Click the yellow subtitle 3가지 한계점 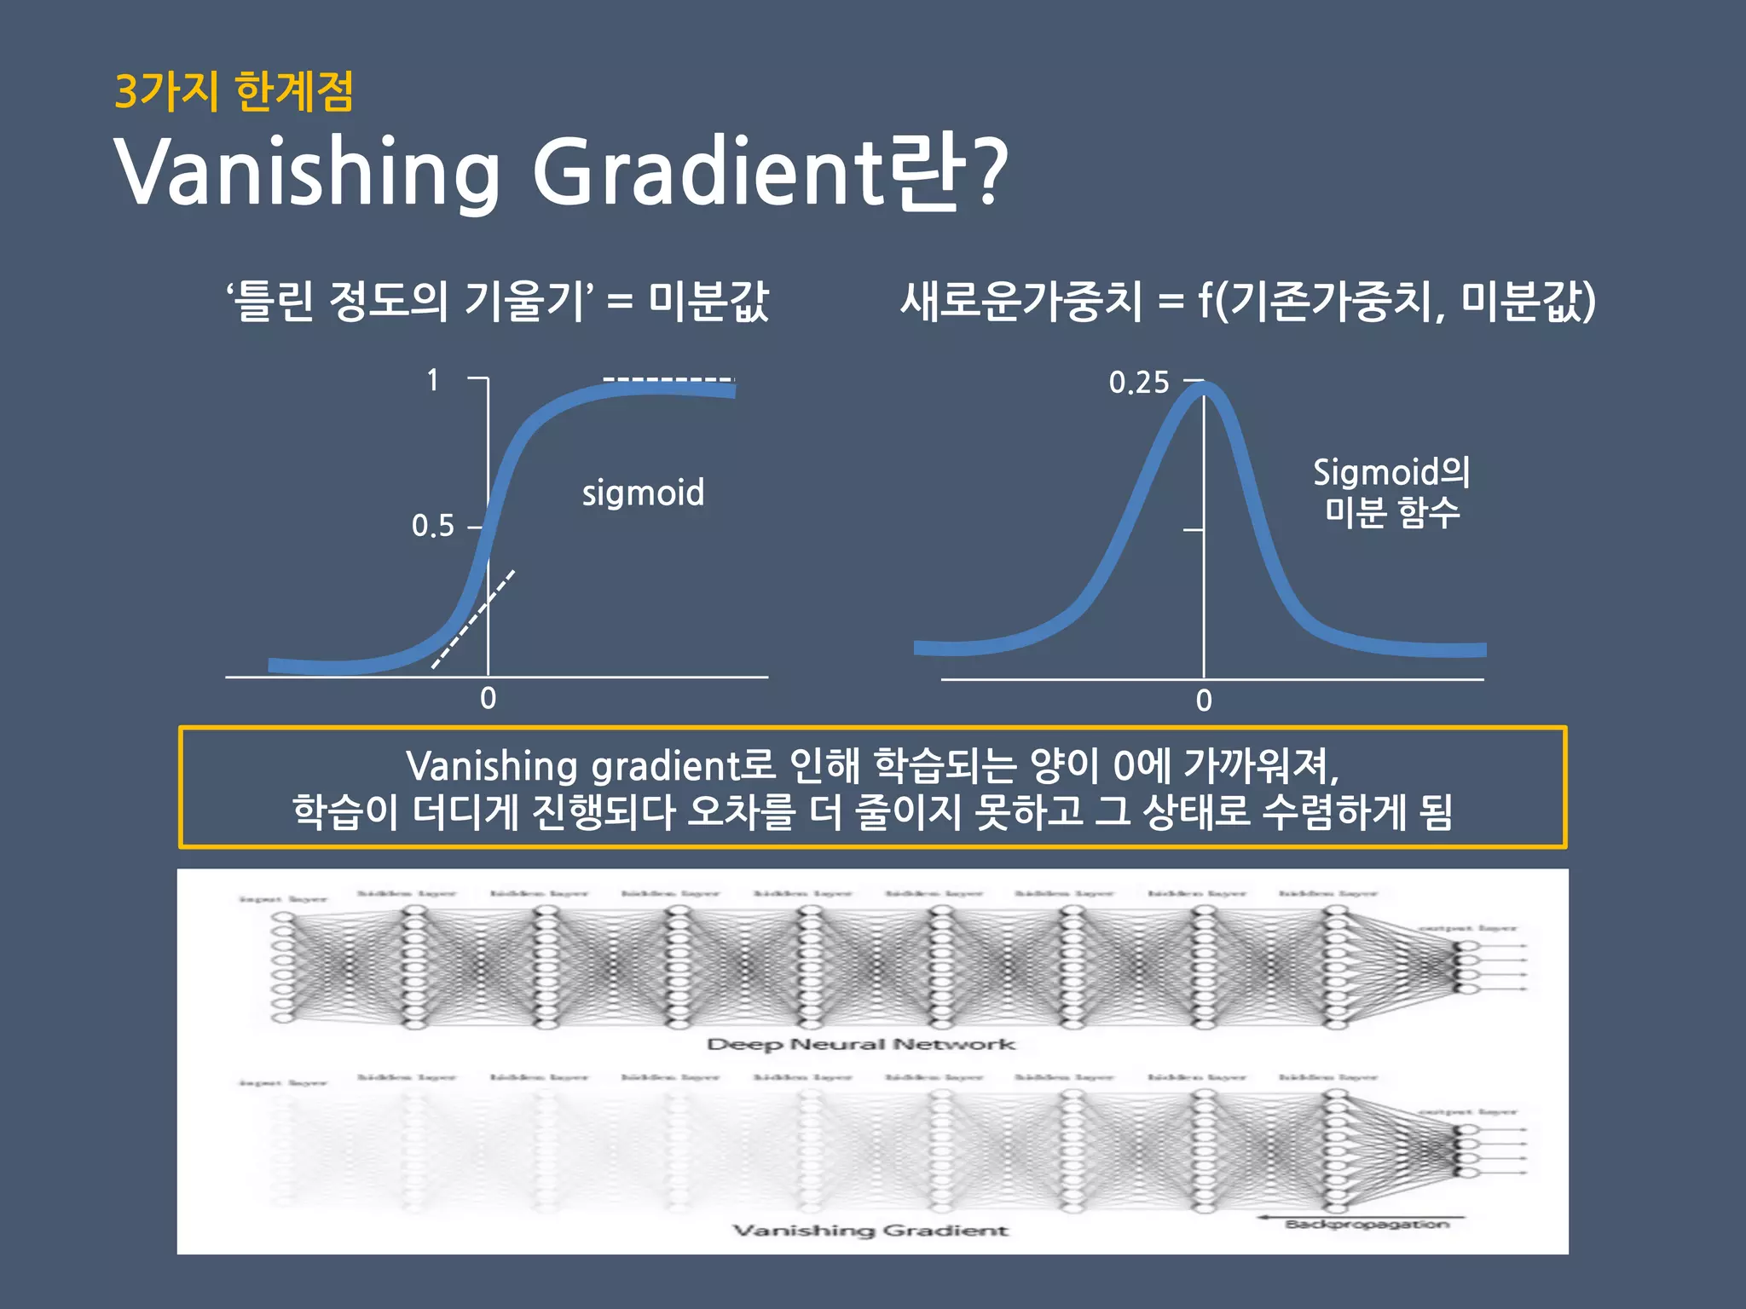tap(234, 91)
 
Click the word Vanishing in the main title tap(307, 173)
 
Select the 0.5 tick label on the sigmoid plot tap(433, 526)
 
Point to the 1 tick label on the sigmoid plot tap(433, 380)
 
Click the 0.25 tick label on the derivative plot tap(1139, 383)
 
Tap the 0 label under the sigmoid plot tap(488, 699)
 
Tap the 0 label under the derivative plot tap(1204, 701)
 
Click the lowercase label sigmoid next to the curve tap(643, 493)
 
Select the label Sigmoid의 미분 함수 tap(1391, 493)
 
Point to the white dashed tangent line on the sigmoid tap(473, 620)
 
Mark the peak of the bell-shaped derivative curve tap(1205, 389)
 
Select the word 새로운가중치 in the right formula tap(1020, 301)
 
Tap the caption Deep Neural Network tap(861, 1044)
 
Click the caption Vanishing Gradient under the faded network tap(870, 1230)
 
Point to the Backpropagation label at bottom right tap(1367, 1225)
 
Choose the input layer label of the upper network tap(283, 899)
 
